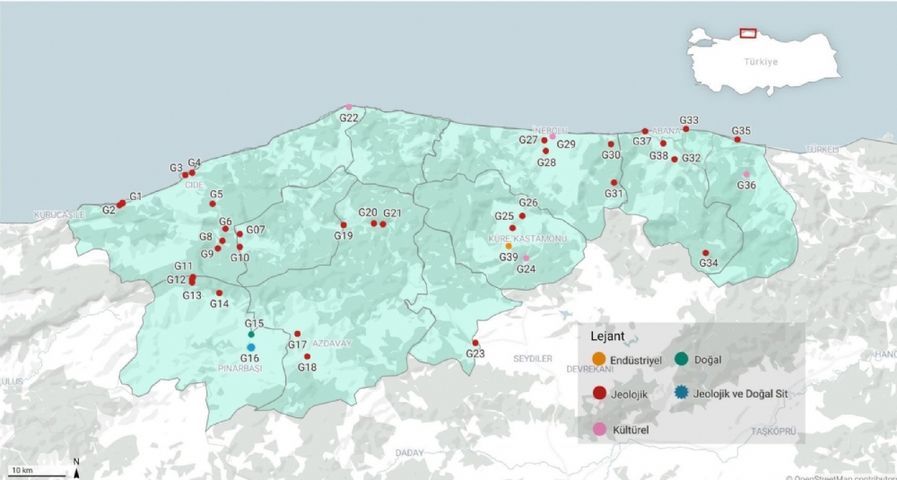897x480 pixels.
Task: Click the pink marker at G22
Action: pyautogui.click(x=349, y=108)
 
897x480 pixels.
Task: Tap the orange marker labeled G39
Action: pyautogui.click(x=509, y=246)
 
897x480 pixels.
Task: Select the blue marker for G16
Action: pyautogui.click(x=251, y=347)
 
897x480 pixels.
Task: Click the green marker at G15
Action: pyautogui.click(x=252, y=335)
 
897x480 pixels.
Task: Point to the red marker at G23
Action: pyautogui.click(x=475, y=343)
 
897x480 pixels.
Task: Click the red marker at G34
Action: pyautogui.click(x=706, y=253)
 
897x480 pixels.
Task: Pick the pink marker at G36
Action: pyautogui.click(x=746, y=174)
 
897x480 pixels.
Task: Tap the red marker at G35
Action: pyautogui.click(x=737, y=139)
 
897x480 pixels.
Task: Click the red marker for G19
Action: pyautogui.click(x=344, y=225)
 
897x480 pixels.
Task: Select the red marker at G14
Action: pyautogui.click(x=219, y=292)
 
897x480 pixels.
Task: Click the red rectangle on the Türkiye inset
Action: pyautogui.click(x=748, y=33)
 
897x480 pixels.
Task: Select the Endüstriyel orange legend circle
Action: pyautogui.click(x=599, y=360)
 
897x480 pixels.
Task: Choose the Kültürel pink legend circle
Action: pyautogui.click(x=599, y=429)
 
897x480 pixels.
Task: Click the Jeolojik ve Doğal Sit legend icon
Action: pyautogui.click(x=682, y=392)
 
